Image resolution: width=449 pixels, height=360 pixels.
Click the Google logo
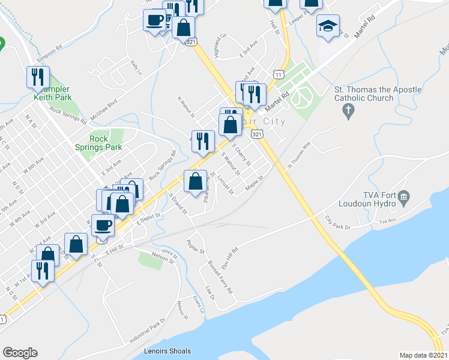click(x=20, y=353)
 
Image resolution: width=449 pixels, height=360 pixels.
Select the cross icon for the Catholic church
click(x=346, y=111)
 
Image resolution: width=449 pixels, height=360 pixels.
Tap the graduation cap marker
click(x=328, y=26)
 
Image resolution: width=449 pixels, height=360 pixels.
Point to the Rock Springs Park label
click(x=98, y=143)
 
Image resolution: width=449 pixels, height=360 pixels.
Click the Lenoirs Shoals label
click(x=167, y=351)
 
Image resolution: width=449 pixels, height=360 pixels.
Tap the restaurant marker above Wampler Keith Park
click(x=37, y=77)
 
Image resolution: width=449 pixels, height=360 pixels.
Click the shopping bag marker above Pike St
click(x=195, y=182)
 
